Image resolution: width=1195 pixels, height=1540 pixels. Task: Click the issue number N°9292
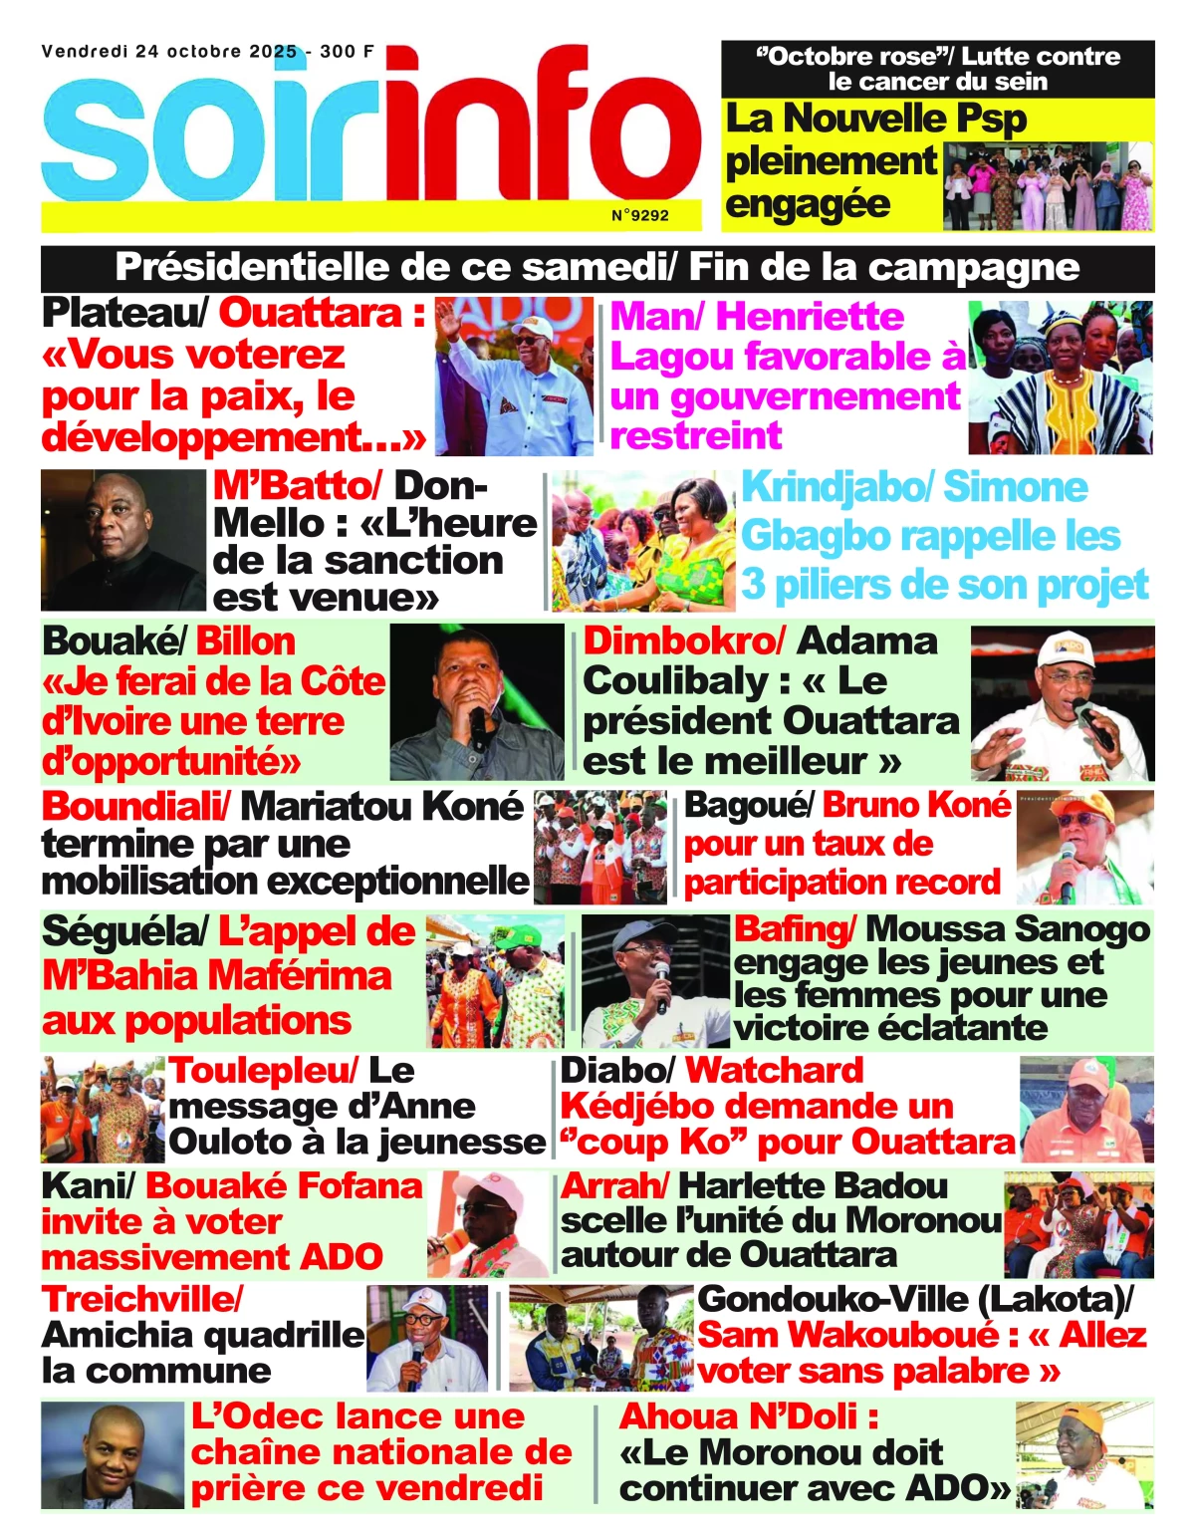coord(639,215)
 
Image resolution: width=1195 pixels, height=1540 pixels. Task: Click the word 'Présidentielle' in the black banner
coord(250,267)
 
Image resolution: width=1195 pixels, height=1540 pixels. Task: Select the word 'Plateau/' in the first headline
coord(125,313)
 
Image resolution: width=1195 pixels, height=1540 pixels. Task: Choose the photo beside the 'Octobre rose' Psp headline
coord(1047,186)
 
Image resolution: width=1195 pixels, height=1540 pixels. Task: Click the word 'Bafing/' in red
coord(795,929)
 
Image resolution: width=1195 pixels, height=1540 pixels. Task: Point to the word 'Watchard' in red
coord(774,1070)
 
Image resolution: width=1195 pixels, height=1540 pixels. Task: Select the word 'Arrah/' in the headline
coord(614,1185)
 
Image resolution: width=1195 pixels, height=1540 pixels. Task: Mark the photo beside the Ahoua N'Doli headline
coord(1083,1455)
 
